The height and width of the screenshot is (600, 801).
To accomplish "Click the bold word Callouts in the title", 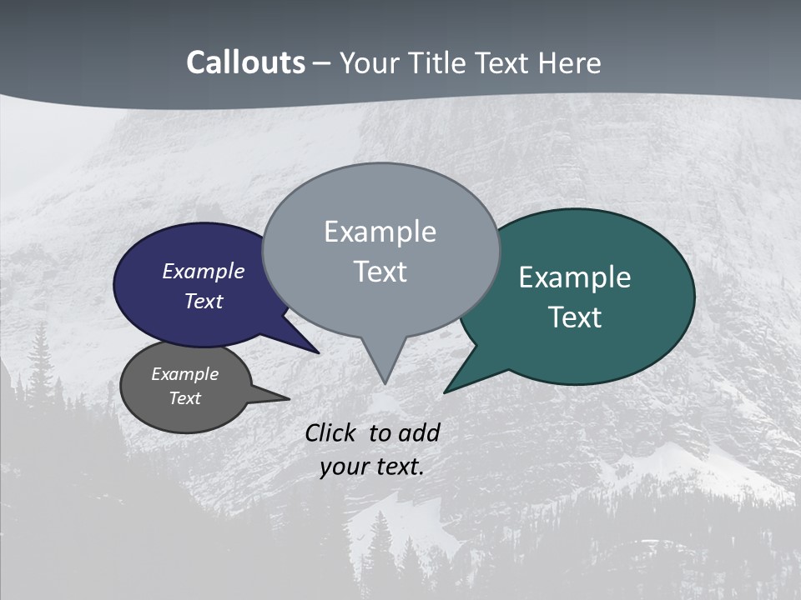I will click(245, 62).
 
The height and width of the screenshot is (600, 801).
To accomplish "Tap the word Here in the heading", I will click(571, 62).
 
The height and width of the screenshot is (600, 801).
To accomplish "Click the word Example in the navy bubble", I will click(203, 271).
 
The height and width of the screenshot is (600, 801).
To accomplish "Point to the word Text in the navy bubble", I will click(203, 301).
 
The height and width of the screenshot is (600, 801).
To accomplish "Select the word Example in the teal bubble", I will click(575, 277).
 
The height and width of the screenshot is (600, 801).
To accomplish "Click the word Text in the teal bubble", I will click(575, 317).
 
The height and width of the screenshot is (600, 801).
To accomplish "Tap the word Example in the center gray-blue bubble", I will click(380, 232).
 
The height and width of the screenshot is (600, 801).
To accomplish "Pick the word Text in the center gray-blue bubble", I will click(380, 271).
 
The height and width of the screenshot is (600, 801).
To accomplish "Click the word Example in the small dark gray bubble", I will click(184, 374).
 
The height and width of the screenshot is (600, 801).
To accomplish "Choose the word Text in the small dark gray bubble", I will click(184, 398).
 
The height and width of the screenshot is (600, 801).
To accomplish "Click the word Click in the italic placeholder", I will click(330, 432).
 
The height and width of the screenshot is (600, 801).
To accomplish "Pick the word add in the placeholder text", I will click(419, 432).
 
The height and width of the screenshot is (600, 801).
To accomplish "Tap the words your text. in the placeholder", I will click(372, 467).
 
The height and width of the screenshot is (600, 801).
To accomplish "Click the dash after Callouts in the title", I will click(322, 62).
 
